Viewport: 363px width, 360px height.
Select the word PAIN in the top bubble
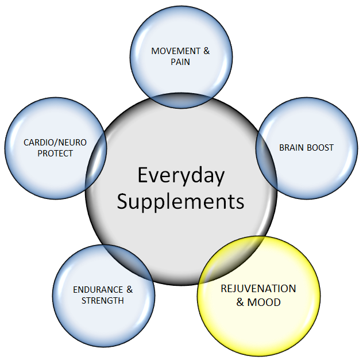(x=180, y=62)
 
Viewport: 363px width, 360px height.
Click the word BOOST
(x=320, y=148)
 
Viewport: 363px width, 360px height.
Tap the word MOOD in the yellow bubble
(x=264, y=302)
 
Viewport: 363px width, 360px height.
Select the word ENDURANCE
(x=96, y=290)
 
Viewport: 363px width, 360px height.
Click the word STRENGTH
(x=103, y=300)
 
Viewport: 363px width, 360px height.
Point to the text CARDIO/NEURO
(x=55, y=143)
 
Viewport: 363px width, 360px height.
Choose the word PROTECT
(x=55, y=154)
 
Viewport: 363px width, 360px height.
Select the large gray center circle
(x=181, y=230)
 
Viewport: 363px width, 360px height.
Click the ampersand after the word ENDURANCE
(x=129, y=290)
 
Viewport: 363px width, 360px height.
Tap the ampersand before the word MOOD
(x=241, y=302)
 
